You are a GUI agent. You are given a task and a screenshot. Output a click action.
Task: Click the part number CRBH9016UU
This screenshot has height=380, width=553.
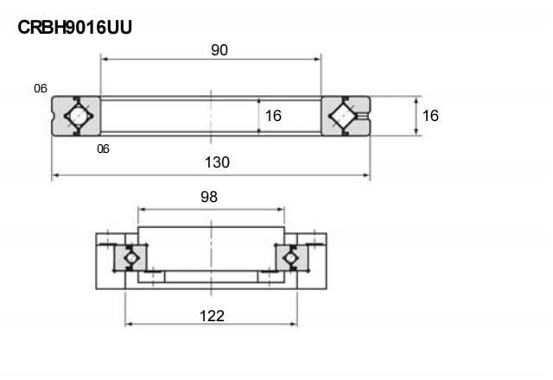point(74,28)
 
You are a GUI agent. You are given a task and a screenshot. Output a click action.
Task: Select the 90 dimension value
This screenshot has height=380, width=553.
point(219,51)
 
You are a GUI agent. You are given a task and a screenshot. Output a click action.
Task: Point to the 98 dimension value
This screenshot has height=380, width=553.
point(208,197)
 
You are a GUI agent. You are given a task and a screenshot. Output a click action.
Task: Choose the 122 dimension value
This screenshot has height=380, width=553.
point(211,316)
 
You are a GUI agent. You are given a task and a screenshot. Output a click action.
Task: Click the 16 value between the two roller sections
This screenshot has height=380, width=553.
point(273,115)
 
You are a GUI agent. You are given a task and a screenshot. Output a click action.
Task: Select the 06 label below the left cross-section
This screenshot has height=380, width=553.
point(104,149)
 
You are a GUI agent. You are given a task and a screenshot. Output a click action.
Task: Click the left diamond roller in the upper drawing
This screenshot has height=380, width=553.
point(76,115)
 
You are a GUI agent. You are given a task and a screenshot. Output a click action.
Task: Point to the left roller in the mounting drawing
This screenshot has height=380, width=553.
point(130,257)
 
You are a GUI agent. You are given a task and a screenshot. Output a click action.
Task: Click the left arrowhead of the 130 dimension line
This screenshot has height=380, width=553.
point(55,175)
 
